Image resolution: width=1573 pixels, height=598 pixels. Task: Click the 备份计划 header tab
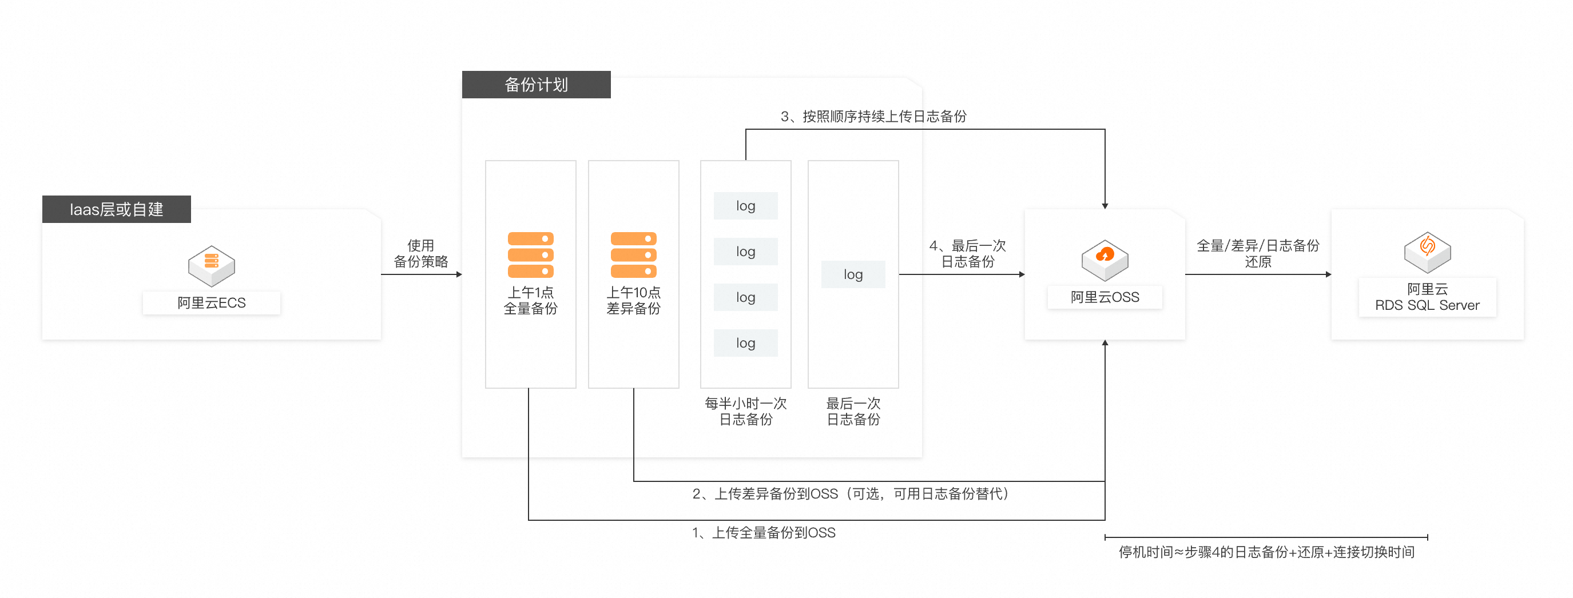535,84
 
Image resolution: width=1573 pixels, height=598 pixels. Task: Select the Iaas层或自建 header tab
116,209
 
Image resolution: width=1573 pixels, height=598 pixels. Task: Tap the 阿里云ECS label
211,302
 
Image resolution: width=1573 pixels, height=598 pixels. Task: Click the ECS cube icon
211,265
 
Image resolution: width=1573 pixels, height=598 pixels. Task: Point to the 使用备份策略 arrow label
421,253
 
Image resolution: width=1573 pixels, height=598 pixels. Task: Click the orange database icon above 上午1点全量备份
530,254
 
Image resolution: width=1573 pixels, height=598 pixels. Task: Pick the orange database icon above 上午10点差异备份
633,254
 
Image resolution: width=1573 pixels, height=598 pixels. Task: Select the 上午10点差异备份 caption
633,300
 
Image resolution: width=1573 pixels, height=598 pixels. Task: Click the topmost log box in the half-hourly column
745,206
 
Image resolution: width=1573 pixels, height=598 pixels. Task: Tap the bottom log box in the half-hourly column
745,343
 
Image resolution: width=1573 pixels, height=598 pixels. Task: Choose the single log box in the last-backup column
852,274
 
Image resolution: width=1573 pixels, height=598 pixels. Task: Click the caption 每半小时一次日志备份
745,411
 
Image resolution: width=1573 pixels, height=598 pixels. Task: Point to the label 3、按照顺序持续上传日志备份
873,116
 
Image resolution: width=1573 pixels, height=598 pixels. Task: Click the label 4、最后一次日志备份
967,253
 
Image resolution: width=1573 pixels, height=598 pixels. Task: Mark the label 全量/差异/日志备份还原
1257,253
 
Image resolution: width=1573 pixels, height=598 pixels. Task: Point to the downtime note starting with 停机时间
1266,552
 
